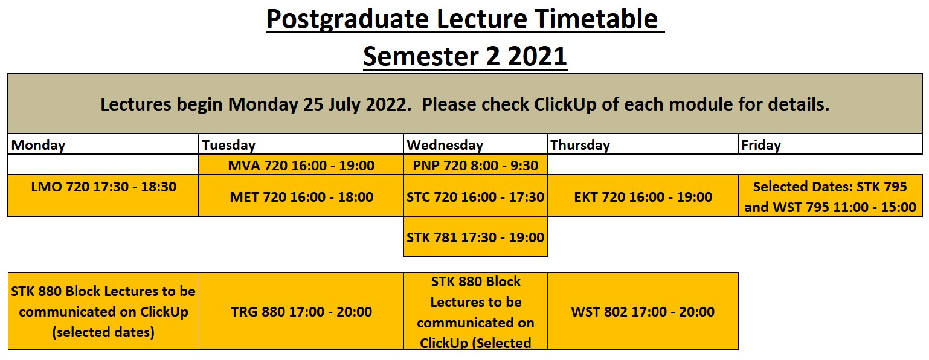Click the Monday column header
pyautogui.click(x=103, y=144)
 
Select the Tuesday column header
pyautogui.click(x=301, y=144)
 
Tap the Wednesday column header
pyautogui.click(x=475, y=144)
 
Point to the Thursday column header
pyautogui.click(x=643, y=144)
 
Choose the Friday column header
pyautogui.click(x=831, y=144)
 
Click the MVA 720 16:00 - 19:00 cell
pyautogui.click(x=301, y=165)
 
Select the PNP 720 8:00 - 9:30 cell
pyautogui.click(x=475, y=165)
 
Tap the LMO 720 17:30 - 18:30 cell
pyautogui.click(x=103, y=195)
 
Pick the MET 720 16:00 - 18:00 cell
pyautogui.click(x=301, y=195)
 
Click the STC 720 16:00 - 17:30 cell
pyautogui.click(x=475, y=195)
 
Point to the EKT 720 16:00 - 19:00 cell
pyautogui.click(x=643, y=195)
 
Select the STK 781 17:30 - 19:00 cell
pyautogui.click(x=475, y=236)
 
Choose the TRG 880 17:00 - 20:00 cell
pyautogui.click(x=301, y=311)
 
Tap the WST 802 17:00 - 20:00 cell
pyautogui.click(x=643, y=311)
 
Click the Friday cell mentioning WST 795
pyautogui.click(x=831, y=195)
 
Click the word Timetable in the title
pyautogui.click(x=596, y=19)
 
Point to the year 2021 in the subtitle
pyautogui.click(x=537, y=56)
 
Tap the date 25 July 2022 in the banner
pyautogui.click(x=355, y=104)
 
